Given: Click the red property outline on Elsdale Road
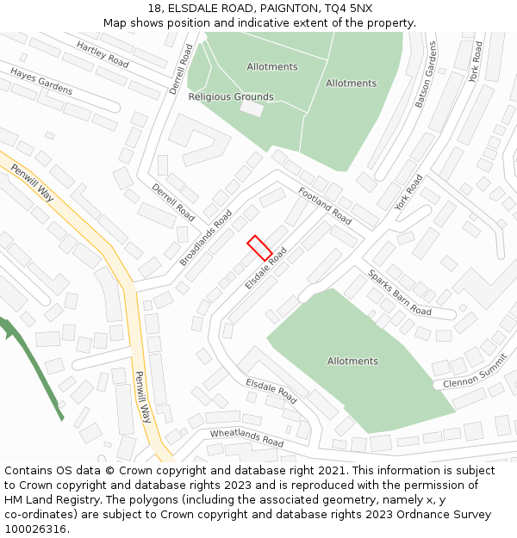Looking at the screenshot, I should (259, 248).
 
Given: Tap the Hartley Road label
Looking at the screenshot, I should (102, 54).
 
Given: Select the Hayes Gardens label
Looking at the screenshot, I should (41, 82).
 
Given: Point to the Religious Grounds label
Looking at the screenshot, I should (231, 97).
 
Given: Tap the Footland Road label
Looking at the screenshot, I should (325, 206).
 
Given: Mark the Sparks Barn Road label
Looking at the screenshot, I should (400, 292).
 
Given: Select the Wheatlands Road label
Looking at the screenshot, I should (246, 437).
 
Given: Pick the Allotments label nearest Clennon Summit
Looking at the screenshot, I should (352, 361).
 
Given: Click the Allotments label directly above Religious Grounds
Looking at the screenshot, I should (272, 67).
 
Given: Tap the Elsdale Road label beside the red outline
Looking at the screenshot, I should (265, 269).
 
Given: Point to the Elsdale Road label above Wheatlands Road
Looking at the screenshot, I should (271, 391).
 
